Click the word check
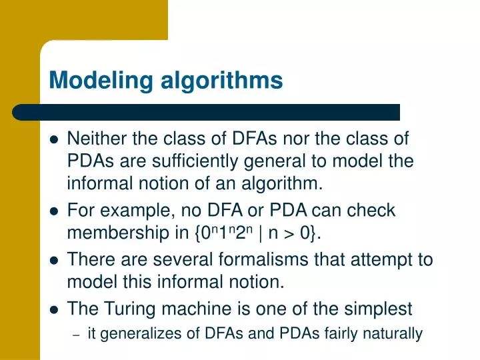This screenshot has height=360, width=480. (x=372, y=211)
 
